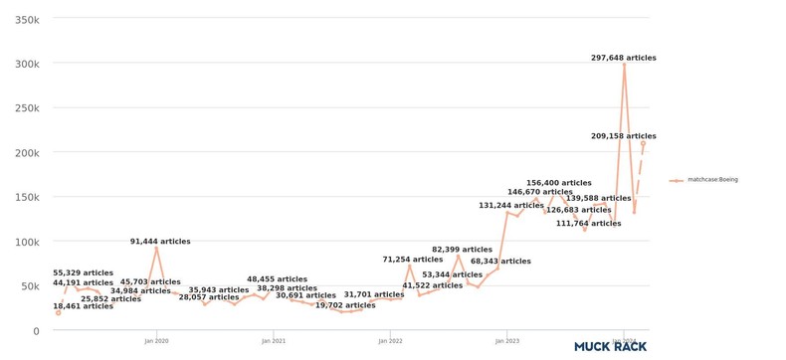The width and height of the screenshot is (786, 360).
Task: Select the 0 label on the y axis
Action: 36,331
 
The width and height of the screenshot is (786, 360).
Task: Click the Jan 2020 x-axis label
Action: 156,341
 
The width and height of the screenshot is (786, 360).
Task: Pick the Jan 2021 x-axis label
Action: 274,341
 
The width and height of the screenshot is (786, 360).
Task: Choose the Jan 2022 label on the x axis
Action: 390,341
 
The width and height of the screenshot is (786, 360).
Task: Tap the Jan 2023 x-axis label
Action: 506,341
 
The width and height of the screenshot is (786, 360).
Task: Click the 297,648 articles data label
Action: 623,59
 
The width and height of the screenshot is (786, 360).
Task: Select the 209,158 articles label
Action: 623,136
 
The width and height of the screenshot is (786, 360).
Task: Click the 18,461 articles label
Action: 83,306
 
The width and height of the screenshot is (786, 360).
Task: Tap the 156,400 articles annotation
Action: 558,183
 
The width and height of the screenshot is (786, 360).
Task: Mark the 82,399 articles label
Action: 462,250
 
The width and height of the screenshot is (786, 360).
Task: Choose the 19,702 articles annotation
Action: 345,305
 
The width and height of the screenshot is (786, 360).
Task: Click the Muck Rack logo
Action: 610,346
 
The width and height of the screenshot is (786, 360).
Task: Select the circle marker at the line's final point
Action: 643,143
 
